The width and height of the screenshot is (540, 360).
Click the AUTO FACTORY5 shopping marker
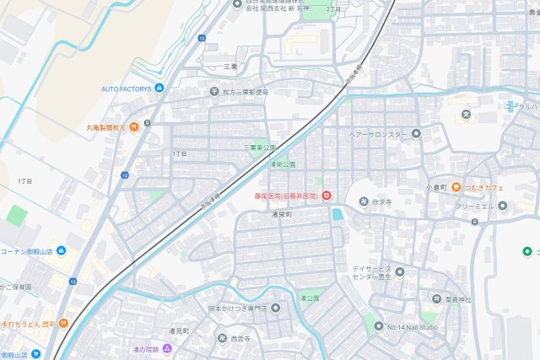pos(158,89)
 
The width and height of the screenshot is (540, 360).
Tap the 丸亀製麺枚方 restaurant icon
pos(133,128)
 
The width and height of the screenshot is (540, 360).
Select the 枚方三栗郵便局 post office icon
pos(214,92)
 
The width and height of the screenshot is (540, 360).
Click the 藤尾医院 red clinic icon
pos(327,196)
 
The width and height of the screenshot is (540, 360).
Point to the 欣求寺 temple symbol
pos(352,201)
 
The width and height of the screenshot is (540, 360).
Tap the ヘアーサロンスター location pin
pos(416,134)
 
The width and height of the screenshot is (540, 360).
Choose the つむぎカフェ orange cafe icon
pos(456,187)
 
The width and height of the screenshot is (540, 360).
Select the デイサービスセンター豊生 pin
pos(400,271)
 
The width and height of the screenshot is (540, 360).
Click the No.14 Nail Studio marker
pos(379,326)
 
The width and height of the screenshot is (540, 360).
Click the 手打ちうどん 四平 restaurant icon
pos(63,322)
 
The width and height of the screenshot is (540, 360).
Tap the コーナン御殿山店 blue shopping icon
pos(61,251)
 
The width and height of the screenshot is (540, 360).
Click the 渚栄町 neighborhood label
pos(281,215)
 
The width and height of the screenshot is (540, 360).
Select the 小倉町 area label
pos(435,187)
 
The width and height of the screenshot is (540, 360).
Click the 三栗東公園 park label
pos(260,148)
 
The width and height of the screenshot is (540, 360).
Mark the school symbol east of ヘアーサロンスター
pos(465,114)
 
